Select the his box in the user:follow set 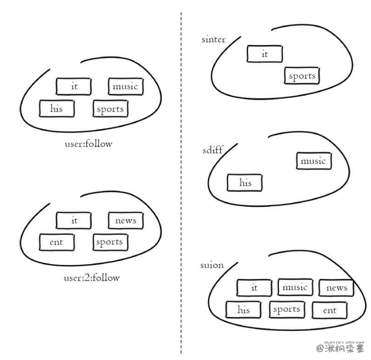pos(57,109)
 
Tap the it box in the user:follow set pos(74,86)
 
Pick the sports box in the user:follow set pos(110,109)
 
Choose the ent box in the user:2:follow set pos(57,242)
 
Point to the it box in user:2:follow pos(74,220)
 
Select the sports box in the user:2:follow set pos(110,242)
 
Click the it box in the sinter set pos(264,54)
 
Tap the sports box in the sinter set pos(302,76)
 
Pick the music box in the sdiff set pos(313,161)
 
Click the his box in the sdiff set pos(244,183)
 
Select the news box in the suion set pos(336,288)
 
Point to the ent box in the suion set pos(330,310)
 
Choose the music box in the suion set pos(295,287)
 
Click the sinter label pos(213,40)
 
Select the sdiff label pos(212,150)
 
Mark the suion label pos(212,265)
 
